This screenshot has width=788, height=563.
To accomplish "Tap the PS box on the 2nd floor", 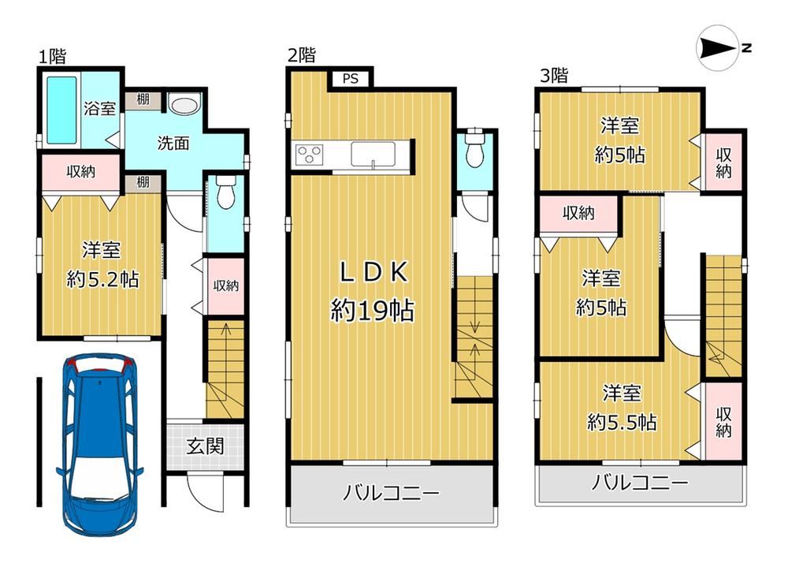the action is pos(351,79).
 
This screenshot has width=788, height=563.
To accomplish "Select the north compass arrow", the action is pos(719,48).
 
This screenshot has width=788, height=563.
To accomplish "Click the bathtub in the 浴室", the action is pos(61,110).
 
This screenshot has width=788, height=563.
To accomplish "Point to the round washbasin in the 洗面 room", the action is pos(184,104).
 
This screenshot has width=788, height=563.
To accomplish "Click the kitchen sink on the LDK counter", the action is pos(373,154).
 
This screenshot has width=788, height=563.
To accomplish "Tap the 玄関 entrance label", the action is pos(205,446).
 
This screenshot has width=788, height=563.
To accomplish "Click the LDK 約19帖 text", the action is pos(373,292).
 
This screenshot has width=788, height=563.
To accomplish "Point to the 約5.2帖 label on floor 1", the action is pos(103,279).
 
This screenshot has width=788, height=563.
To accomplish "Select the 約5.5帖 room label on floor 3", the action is pos(623,423).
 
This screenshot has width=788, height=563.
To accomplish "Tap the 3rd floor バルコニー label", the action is pos(639,483).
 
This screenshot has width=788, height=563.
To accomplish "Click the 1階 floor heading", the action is pos(53,57).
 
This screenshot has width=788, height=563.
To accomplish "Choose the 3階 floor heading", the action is pos(554,76).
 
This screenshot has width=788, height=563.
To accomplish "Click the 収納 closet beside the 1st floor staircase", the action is pos(225,286).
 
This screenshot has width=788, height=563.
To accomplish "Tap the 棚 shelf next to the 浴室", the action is pos(143,99).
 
